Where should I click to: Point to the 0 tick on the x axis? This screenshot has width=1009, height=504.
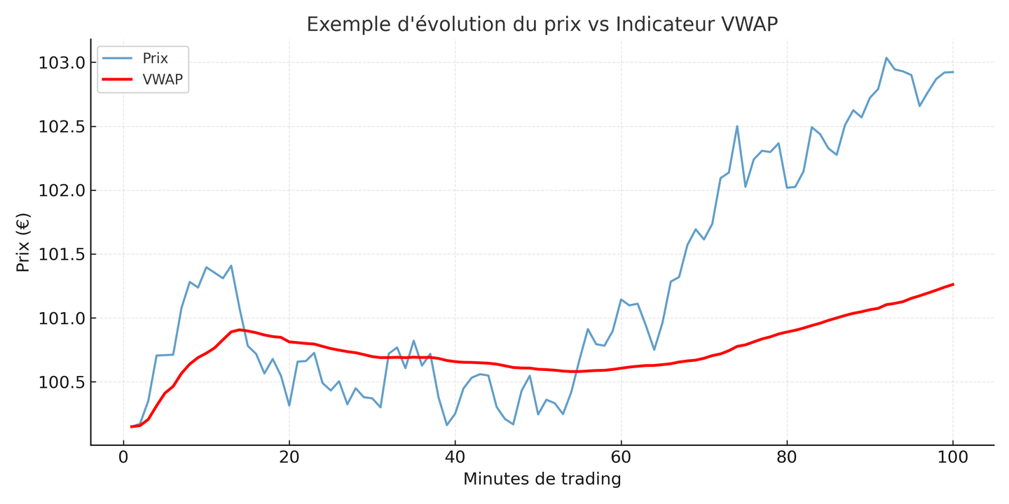[x=123, y=458]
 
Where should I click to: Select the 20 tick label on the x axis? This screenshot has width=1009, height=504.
[x=289, y=458]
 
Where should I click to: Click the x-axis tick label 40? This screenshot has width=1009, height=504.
[x=455, y=458]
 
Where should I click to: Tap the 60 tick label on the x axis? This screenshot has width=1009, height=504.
[x=621, y=458]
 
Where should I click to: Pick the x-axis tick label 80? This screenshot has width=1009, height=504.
[x=787, y=458]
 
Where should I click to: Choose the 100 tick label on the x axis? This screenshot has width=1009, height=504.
[x=953, y=458]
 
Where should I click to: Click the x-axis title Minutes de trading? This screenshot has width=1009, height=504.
[x=542, y=479]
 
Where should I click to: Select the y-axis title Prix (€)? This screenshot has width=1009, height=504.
[x=23, y=242]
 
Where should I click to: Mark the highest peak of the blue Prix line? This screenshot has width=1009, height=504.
[x=886, y=57]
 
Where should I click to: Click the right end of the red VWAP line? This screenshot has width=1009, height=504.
[x=953, y=284]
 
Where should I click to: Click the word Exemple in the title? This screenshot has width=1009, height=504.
[x=342, y=24]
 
